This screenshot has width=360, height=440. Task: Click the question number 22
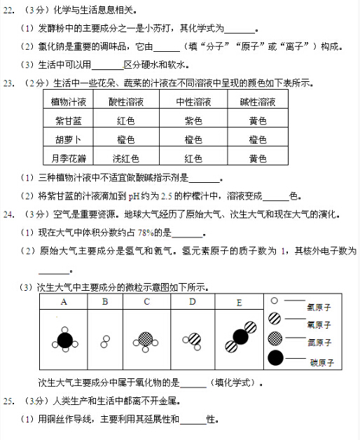[8, 11]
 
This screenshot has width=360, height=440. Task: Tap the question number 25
[8, 402]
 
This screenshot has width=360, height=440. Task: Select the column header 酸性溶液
[126, 102]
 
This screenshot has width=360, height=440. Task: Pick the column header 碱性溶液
[258, 102]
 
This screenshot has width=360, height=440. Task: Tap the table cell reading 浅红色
[126, 158]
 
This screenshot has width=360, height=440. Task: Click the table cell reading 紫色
[193, 121]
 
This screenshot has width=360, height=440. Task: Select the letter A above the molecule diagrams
[64, 302]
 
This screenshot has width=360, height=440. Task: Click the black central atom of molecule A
[65, 340]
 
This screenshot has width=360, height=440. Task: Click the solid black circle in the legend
[275, 359]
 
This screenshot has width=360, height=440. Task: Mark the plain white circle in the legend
[275, 301]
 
